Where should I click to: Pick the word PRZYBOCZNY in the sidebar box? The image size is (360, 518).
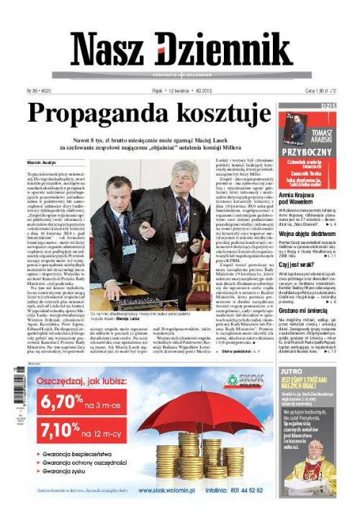point(307,153)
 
